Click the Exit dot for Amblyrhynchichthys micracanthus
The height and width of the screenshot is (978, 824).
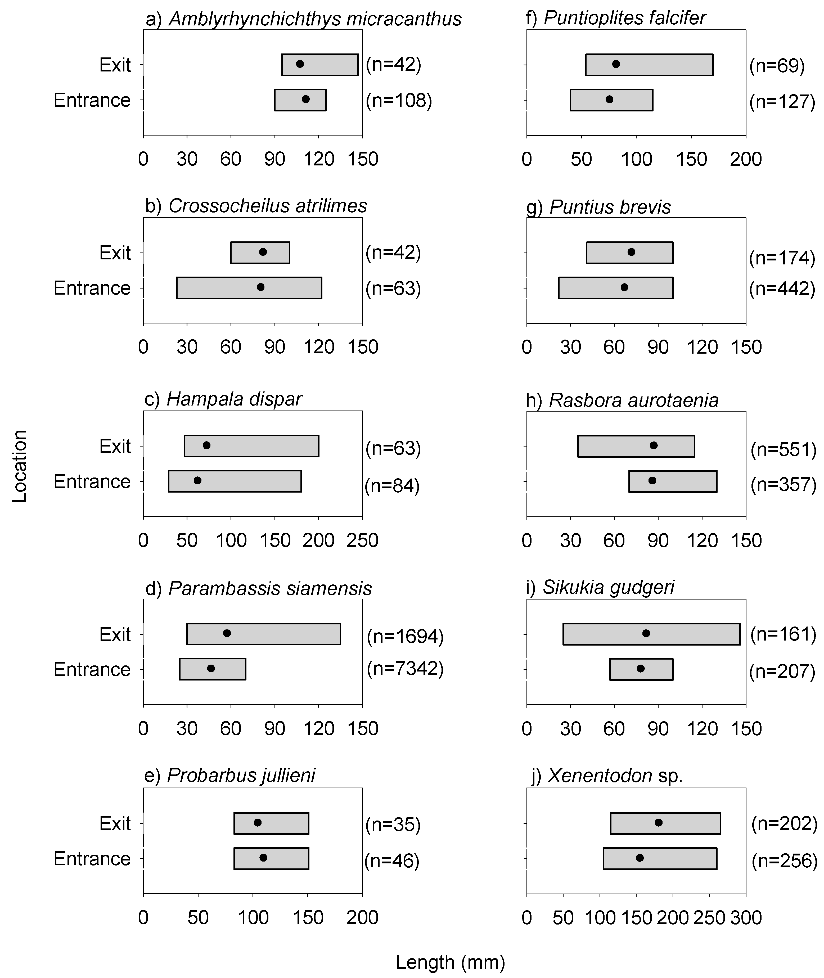pos(300,64)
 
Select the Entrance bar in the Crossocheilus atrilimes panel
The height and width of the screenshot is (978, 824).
pos(249,288)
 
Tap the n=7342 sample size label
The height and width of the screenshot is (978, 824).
pos(405,668)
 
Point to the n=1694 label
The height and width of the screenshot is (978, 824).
pos(405,636)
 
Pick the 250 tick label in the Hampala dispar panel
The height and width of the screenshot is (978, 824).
pos(362,540)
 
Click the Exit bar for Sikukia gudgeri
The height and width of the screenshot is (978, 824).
pos(651,634)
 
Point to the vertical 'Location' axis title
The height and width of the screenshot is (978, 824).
pos(20,466)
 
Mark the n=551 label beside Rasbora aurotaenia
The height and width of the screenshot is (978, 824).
pos(783,449)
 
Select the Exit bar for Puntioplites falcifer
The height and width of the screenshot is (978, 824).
pos(649,65)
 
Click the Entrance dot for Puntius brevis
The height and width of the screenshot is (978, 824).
pos(624,287)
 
